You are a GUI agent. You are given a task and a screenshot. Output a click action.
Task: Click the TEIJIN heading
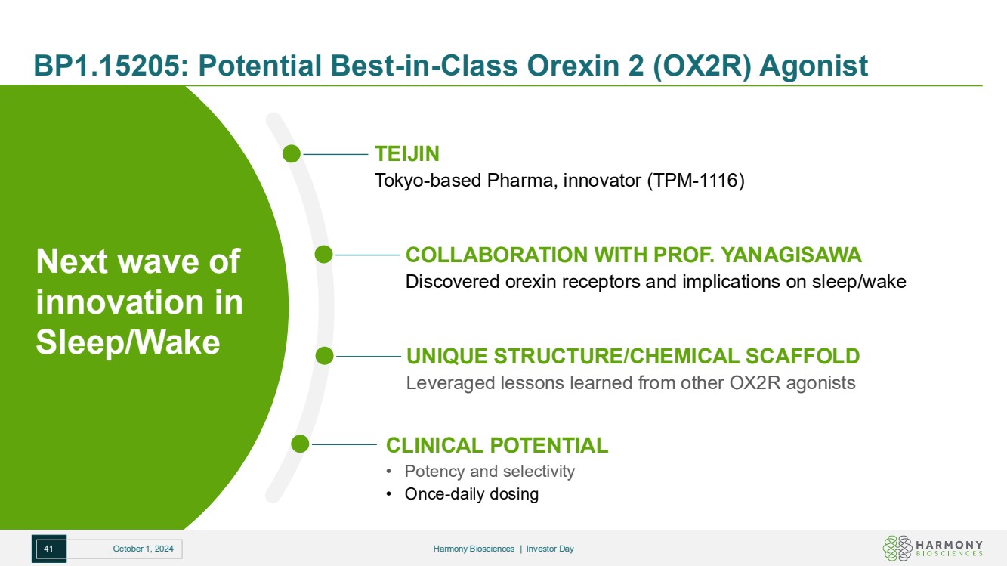tap(407, 153)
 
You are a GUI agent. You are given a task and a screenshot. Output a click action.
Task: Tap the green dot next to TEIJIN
tap(292, 153)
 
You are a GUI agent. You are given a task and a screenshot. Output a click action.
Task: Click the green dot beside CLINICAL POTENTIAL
tap(300, 444)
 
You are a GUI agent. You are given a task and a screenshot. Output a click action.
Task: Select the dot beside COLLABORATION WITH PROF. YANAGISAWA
tap(323, 255)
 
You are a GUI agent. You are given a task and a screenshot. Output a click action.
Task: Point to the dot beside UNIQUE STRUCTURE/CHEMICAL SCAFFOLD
tap(325, 356)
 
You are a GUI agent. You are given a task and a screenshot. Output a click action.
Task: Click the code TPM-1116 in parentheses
tap(696, 181)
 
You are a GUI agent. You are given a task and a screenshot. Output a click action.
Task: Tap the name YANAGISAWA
tap(791, 255)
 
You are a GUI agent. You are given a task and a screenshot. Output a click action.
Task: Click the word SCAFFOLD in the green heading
tap(802, 356)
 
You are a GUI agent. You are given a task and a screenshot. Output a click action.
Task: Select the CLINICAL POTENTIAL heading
tap(497, 446)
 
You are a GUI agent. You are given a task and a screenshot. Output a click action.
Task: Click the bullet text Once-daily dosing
tap(471, 494)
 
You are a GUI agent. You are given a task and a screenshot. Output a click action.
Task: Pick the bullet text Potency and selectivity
tap(490, 471)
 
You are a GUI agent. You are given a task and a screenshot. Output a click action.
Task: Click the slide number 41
tap(48, 549)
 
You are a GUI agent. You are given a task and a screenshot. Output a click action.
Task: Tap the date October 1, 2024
tap(143, 549)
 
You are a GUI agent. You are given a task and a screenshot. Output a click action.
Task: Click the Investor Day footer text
tap(550, 549)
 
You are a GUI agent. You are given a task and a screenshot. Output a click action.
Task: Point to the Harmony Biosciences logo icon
tap(897, 548)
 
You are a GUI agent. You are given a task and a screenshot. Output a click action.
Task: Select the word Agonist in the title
tap(814, 66)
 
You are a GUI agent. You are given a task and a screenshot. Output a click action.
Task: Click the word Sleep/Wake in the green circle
tap(128, 342)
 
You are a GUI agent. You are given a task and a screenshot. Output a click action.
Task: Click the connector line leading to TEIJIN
tap(335, 154)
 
